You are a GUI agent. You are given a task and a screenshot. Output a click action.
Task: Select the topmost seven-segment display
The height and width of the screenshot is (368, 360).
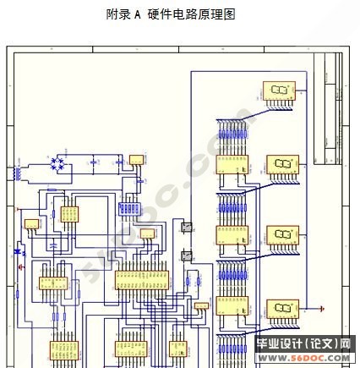point(279,91)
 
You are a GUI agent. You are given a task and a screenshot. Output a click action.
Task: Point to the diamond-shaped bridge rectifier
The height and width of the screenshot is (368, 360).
point(60,162)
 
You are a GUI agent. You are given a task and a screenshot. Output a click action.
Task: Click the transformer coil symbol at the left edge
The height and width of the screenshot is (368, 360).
point(15,171)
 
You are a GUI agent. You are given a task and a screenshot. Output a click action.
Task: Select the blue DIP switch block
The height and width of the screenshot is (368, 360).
point(129,206)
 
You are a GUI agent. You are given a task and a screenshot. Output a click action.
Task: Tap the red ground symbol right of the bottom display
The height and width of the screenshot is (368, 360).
point(321,309)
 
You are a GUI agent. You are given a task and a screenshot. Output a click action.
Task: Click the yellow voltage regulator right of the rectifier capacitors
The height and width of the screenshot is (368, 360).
point(136,160)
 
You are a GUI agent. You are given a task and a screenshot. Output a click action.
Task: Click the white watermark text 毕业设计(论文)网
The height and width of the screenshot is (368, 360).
point(303,344)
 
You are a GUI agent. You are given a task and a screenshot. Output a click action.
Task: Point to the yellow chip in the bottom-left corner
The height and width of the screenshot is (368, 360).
point(63,352)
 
